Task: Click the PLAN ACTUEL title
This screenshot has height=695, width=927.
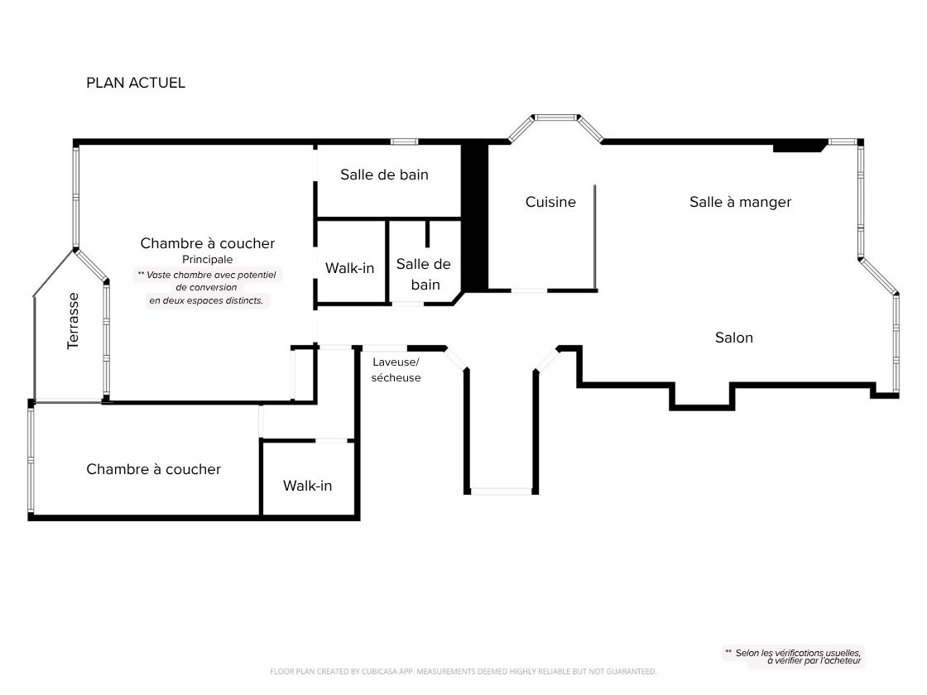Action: [x=136, y=83]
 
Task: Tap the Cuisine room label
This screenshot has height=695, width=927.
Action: [x=550, y=202]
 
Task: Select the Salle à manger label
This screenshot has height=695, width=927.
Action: [x=740, y=202]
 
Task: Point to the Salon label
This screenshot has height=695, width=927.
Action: [x=733, y=338]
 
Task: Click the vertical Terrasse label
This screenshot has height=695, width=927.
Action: [x=73, y=321]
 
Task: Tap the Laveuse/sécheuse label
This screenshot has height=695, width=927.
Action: [x=396, y=370]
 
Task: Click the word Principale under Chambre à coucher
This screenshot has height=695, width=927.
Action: [x=208, y=260]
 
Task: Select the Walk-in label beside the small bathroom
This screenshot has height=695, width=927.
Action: [x=349, y=268]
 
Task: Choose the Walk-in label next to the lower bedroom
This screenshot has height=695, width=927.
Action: [x=307, y=486]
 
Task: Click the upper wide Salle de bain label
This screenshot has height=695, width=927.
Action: [x=384, y=175]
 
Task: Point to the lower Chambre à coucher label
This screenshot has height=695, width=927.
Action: [x=154, y=469]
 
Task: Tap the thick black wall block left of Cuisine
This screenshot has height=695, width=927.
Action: [x=474, y=217]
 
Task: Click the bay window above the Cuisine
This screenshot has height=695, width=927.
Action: [x=555, y=118]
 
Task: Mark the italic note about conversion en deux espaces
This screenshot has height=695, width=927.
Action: [x=207, y=288]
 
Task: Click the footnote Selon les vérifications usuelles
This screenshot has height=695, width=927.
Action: [x=793, y=657]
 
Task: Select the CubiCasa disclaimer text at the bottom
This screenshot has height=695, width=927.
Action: [x=463, y=671]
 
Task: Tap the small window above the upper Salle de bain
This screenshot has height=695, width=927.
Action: [x=405, y=141]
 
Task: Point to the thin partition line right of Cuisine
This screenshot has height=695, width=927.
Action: [x=595, y=237]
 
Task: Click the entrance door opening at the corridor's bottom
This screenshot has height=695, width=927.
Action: [x=502, y=491]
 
